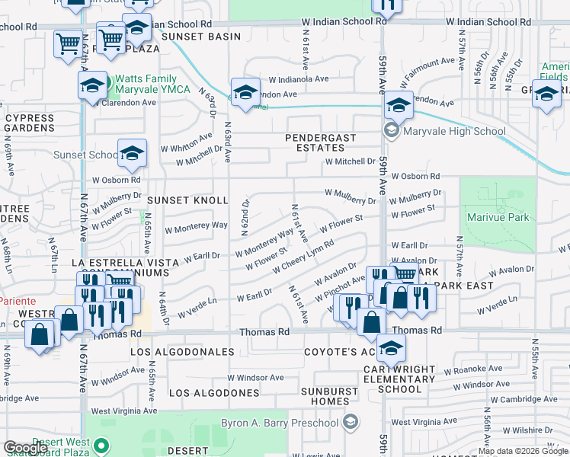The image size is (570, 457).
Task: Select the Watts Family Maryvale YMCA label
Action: tap(146, 85)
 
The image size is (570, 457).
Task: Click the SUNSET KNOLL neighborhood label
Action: tap(187, 200)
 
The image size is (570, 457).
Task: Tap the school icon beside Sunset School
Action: tap(132, 155)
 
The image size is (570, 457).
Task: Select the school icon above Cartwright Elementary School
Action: tap(391, 350)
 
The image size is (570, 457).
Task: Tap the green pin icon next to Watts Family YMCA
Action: tap(108, 79)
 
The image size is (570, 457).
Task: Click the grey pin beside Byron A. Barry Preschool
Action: tap(350, 422)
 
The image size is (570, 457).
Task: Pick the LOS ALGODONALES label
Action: tap(182, 352)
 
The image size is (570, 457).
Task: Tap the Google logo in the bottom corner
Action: tap(26, 448)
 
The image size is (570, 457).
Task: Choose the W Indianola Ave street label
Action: tap(298, 79)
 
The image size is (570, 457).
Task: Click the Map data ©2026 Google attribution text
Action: tap(522, 451)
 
